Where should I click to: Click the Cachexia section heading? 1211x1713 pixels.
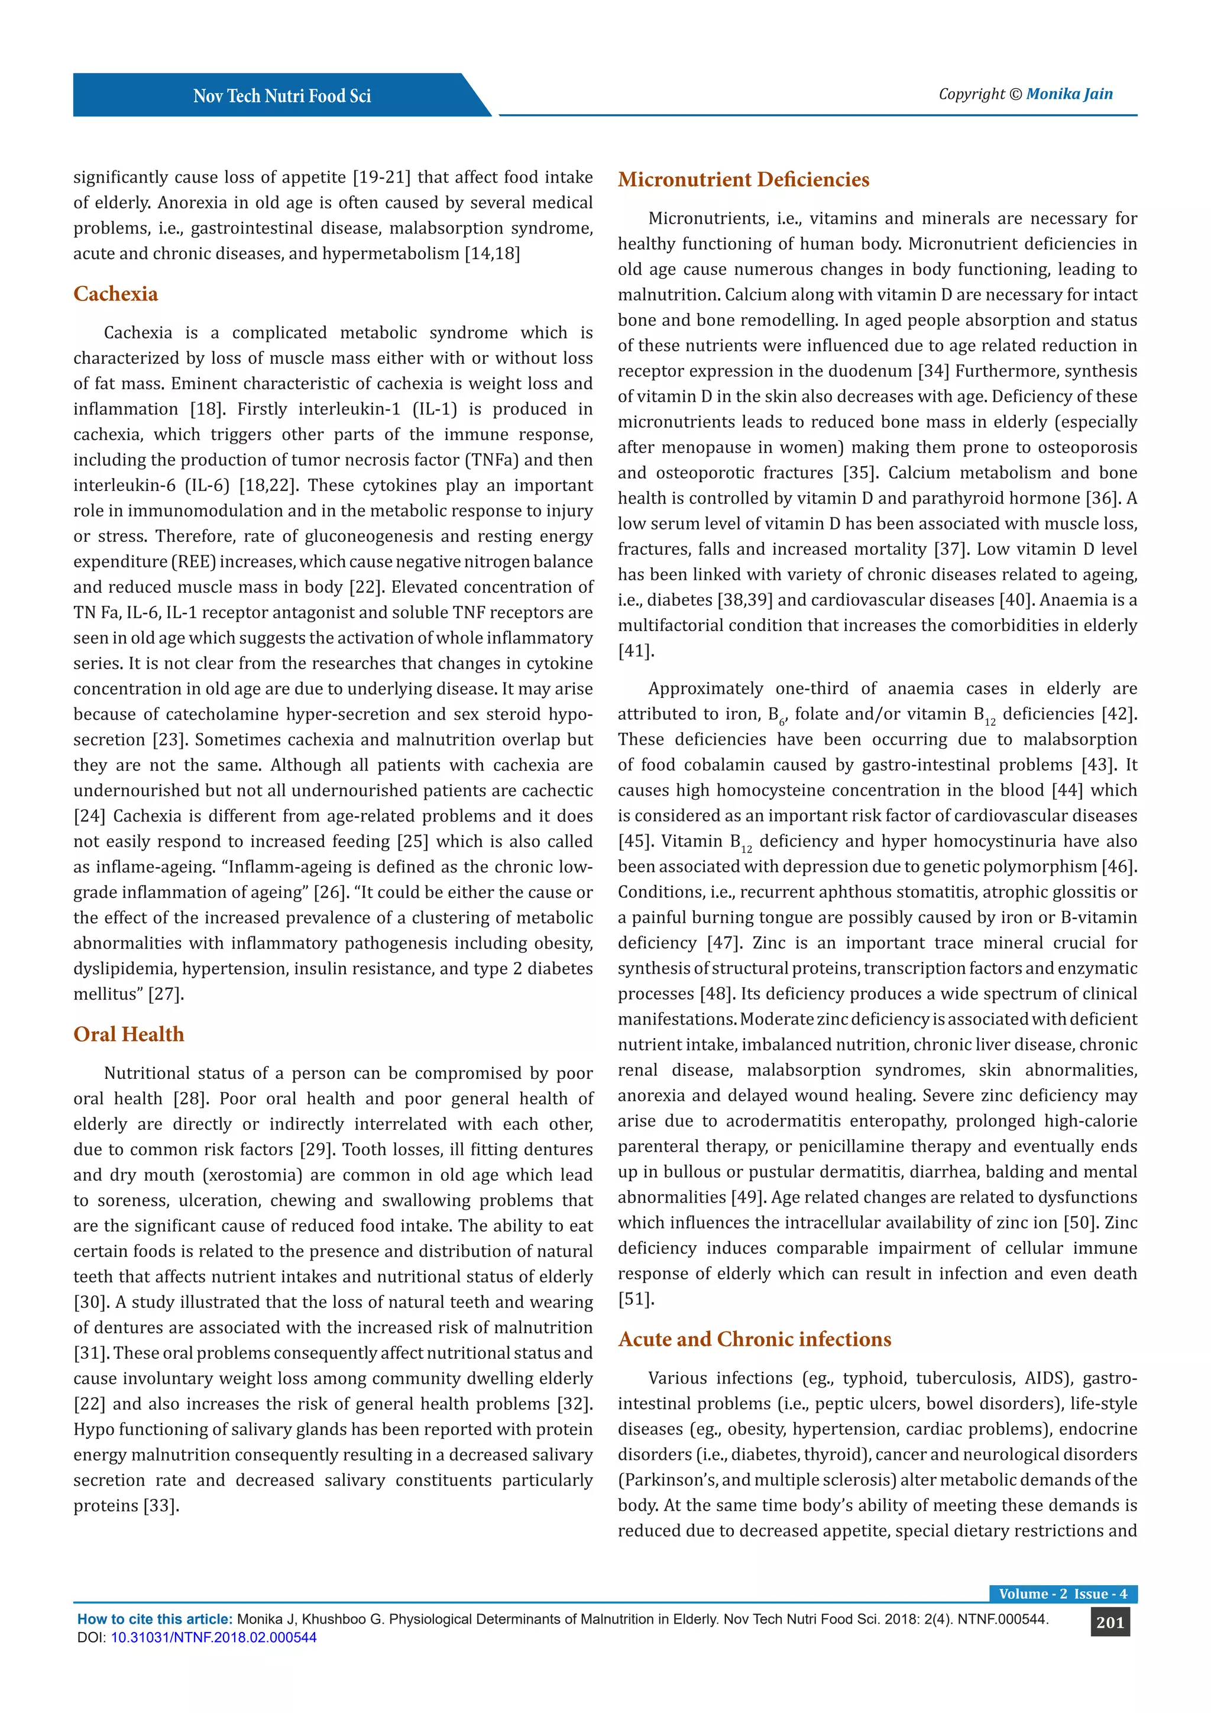[115, 293]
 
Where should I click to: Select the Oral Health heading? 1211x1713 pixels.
[128, 1034]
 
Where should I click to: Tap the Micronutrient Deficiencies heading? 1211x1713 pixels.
[743, 179]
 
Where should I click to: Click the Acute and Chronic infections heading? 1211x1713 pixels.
[754, 1339]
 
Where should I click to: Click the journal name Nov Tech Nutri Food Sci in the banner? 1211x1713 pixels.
[282, 96]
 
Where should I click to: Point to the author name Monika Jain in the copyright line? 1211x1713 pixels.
[1068, 94]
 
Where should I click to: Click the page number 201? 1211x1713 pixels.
[1109, 1622]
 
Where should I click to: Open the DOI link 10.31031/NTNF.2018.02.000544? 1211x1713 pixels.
[213, 1638]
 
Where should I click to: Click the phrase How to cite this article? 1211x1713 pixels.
[154, 1619]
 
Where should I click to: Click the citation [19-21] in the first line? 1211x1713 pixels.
[381, 177]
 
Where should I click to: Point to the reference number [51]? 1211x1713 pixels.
[635, 1299]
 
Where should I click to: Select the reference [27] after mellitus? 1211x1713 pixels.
[166, 994]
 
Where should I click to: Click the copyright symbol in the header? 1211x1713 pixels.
[1015, 95]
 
